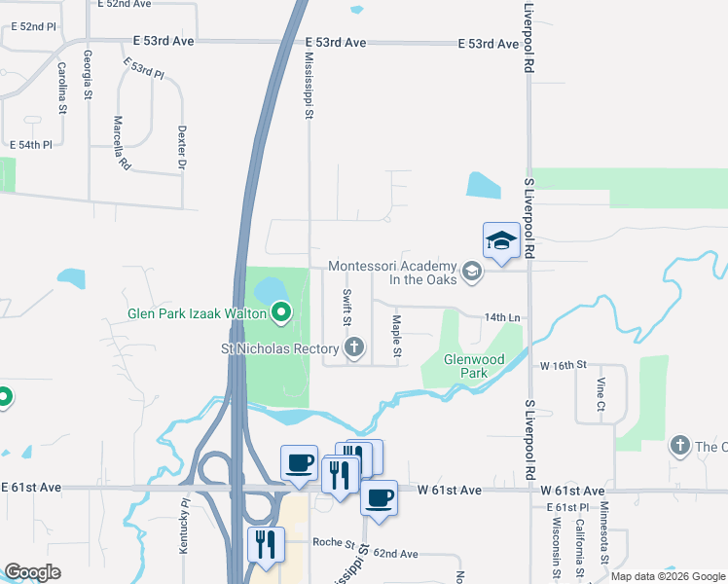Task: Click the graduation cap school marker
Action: pos(501,239)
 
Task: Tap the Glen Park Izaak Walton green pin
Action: pos(281,313)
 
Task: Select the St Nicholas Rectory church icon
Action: pos(355,347)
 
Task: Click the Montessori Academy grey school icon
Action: pos(472,271)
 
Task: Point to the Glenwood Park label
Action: pos(474,366)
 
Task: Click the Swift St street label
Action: pos(346,307)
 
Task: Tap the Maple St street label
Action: pos(396,334)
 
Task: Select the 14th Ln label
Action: pos(503,318)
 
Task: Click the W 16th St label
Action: pos(564,364)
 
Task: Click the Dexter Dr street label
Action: pos(181,147)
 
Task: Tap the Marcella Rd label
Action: pos(121,143)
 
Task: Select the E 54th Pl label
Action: pos(29,145)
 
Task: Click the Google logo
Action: pos(32,572)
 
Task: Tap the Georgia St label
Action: pos(88,75)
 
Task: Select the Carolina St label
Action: pos(61,87)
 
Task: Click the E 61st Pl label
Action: pos(569,508)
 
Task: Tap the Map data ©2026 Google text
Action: pos(667,576)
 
